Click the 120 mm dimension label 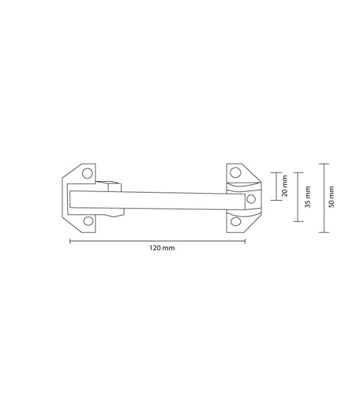162,248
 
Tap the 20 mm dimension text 285,186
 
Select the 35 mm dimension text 308,197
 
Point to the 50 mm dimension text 331,197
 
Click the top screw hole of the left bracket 87,174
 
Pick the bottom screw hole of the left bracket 88,221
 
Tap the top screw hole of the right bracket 235,172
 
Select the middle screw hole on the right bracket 251,199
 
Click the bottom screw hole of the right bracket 236,222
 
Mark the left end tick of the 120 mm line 70,241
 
